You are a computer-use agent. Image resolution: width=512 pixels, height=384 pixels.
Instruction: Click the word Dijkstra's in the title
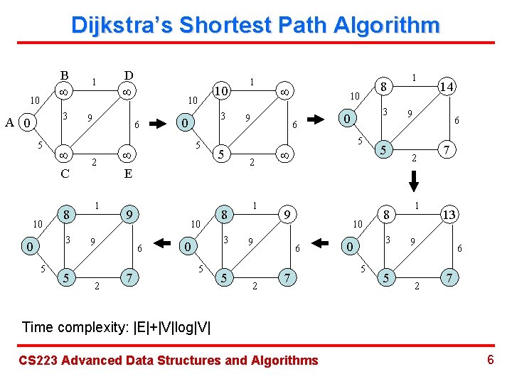tap(122, 26)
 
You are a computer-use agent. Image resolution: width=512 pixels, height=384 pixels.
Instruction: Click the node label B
tap(64, 75)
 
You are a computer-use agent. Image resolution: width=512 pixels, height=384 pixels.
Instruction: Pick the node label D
tap(128, 75)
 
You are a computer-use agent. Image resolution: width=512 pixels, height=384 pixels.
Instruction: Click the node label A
tap(10, 123)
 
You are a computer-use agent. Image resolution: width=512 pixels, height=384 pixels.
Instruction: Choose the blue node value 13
tap(448, 214)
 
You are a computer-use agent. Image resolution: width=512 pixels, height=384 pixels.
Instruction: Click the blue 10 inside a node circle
tap(222, 92)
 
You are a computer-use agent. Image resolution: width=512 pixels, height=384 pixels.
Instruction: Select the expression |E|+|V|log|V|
tap(171, 327)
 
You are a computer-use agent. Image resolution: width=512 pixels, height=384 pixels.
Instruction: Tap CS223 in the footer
tap(38, 361)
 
